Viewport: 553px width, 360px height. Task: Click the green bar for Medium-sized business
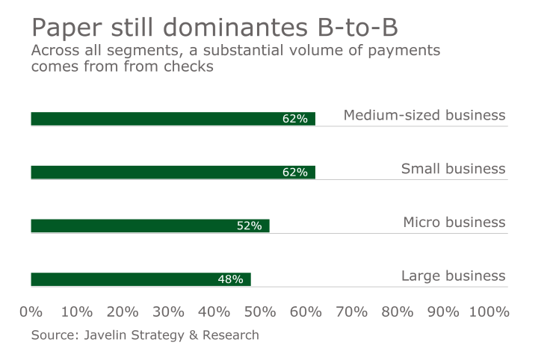pyautogui.click(x=173, y=119)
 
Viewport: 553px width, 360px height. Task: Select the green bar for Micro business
pyautogui.click(x=149, y=226)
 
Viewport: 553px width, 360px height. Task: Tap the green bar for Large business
pyautogui.click(x=140, y=279)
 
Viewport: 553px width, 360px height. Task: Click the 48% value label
pyautogui.click(x=230, y=279)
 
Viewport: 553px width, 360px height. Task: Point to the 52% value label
pyautogui.click(x=249, y=226)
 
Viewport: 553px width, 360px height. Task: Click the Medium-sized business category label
pyautogui.click(x=424, y=115)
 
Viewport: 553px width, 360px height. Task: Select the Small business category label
pyautogui.click(x=453, y=169)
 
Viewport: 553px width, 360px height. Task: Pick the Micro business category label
pyautogui.click(x=454, y=223)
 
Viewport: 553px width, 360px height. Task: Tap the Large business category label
pyautogui.click(x=453, y=276)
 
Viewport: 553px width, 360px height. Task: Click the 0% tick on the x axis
pyautogui.click(x=31, y=311)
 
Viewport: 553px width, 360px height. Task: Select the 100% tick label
pyautogui.click(x=489, y=311)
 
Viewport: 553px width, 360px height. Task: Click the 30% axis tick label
pyautogui.click(x=169, y=311)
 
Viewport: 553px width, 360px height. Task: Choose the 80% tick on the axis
pyautogui.click(x=398, y=311)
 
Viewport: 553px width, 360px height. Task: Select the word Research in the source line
pyautogui.click(x=231, y=335)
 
